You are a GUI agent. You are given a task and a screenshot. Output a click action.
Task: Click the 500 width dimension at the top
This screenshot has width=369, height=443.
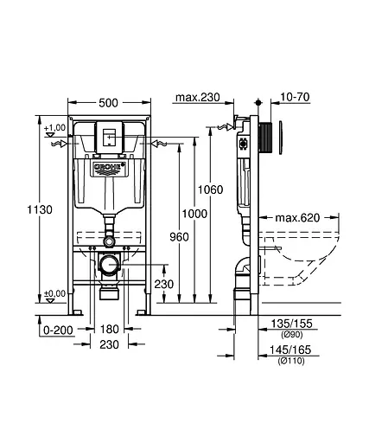click(108, 102)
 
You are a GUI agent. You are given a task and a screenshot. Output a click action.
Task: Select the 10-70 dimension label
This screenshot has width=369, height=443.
click(295, 97)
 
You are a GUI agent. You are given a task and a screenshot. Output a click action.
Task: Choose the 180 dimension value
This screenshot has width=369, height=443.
click(108, 330)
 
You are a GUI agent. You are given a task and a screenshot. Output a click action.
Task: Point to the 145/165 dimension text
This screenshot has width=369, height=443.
click(292, 350)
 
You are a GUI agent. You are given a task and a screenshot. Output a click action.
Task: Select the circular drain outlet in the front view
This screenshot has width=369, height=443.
click(108, 265)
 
